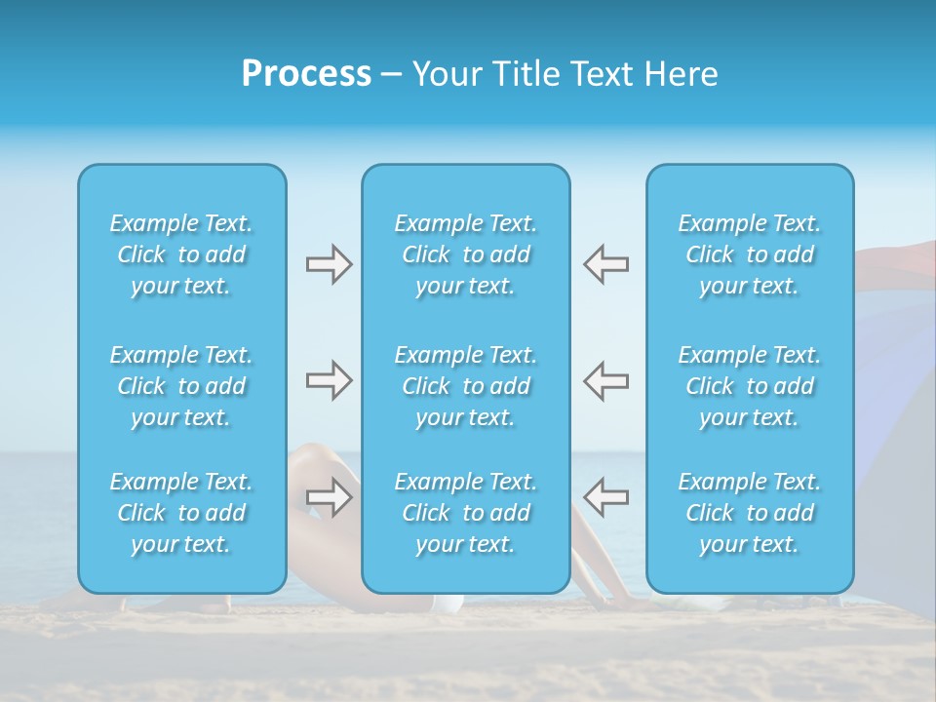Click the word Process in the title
[306, 74]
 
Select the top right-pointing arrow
[329, 264]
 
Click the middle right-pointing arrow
[329, 380]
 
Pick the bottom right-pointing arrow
[329, 497]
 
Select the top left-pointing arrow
[606, 264]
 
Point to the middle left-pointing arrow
[606, 380]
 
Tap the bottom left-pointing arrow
[606, 497]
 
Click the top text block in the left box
[181, 254]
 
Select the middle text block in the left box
[181, 386]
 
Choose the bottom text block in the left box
[181, 513]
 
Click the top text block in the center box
[466, 254]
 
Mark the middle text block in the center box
[466, 386]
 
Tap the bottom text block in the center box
[466, 513]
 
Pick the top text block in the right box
[750, 254]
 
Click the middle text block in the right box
[750, 386]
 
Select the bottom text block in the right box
[750, 513]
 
